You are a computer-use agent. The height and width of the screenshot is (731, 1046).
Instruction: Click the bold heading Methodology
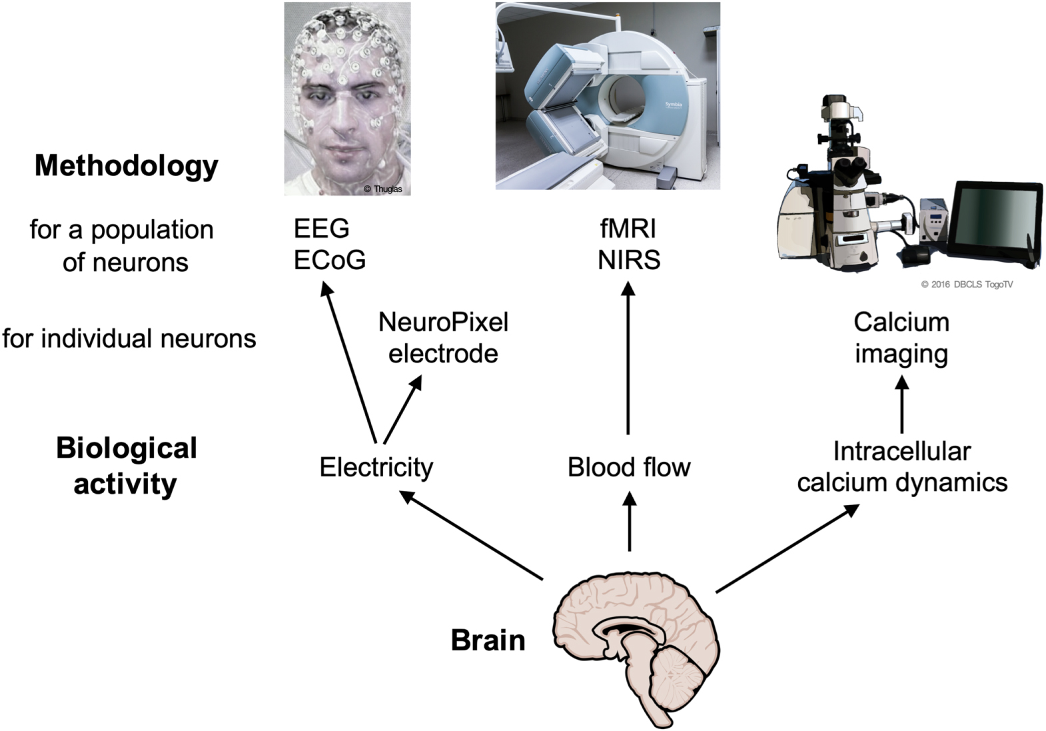(x=126, y=166)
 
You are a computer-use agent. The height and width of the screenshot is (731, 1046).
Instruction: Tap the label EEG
(x=321, y=229)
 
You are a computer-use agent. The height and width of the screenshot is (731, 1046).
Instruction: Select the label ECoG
(x=330, y=260)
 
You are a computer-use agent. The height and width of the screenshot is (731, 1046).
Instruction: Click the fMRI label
(x=628, y=229)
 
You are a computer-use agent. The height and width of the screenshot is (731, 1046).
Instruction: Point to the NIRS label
(x=628, y=260)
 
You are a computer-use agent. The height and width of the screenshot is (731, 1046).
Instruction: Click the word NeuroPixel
(x=443, y=323)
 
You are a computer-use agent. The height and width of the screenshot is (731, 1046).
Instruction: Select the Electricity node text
(x=376, y=467)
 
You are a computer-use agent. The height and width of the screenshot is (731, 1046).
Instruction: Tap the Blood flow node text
(x=628, y=467)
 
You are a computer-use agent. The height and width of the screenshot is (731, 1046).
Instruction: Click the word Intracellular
(x=901, y=451)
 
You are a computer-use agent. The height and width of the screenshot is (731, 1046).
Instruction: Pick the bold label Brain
(x=488, y=640)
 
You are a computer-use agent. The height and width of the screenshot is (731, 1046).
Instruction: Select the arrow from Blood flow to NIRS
(x=628, y=360)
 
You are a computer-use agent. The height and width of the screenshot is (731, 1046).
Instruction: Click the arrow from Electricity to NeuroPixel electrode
(x=402, y=409)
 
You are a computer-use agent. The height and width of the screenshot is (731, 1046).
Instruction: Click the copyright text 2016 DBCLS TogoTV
(x=967, y=285)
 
